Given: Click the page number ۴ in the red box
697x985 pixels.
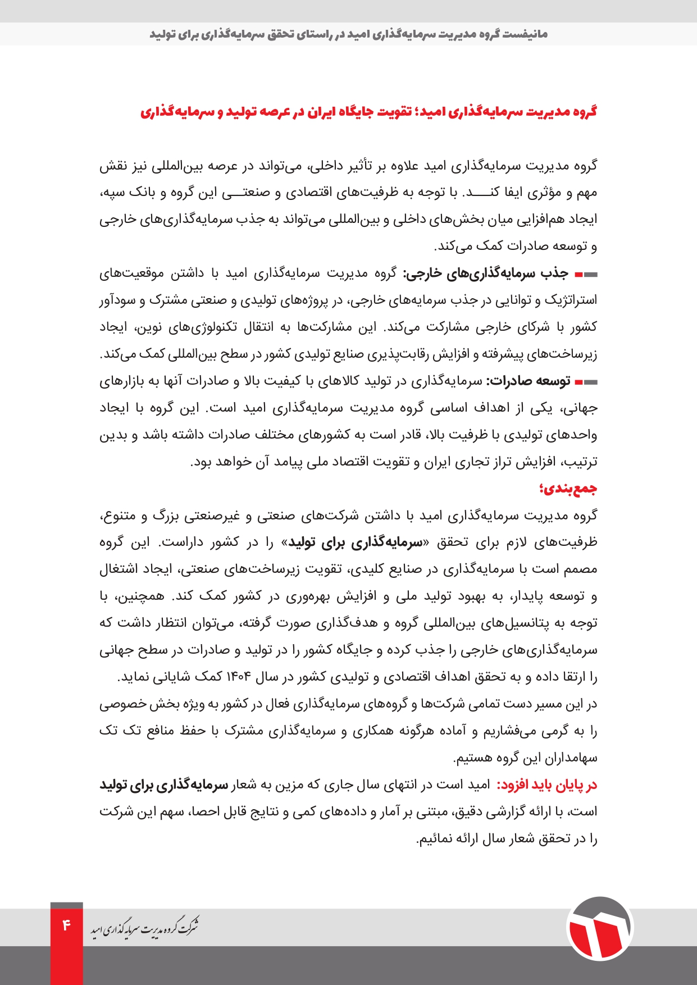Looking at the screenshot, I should click(x=66, y=924).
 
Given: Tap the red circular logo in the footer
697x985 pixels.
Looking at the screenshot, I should click(x=599, y=928).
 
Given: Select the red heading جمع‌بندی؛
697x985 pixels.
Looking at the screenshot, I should click(x=568, y=489).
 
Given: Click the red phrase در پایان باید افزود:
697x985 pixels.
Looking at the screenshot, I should click(x=546, y=785).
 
